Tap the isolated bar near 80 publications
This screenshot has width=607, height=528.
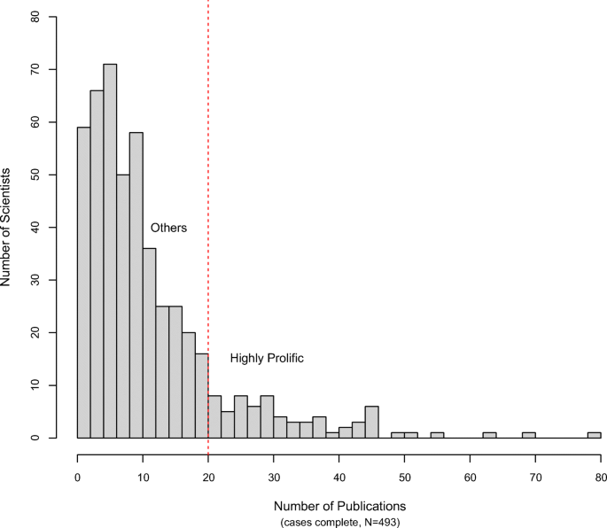[594, 435]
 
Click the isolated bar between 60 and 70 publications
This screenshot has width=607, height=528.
[489, 435]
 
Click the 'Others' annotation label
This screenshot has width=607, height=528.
[168, 228]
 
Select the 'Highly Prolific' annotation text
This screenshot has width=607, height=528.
[267, 359]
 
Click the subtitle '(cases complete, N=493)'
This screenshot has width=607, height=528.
[339, 522]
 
